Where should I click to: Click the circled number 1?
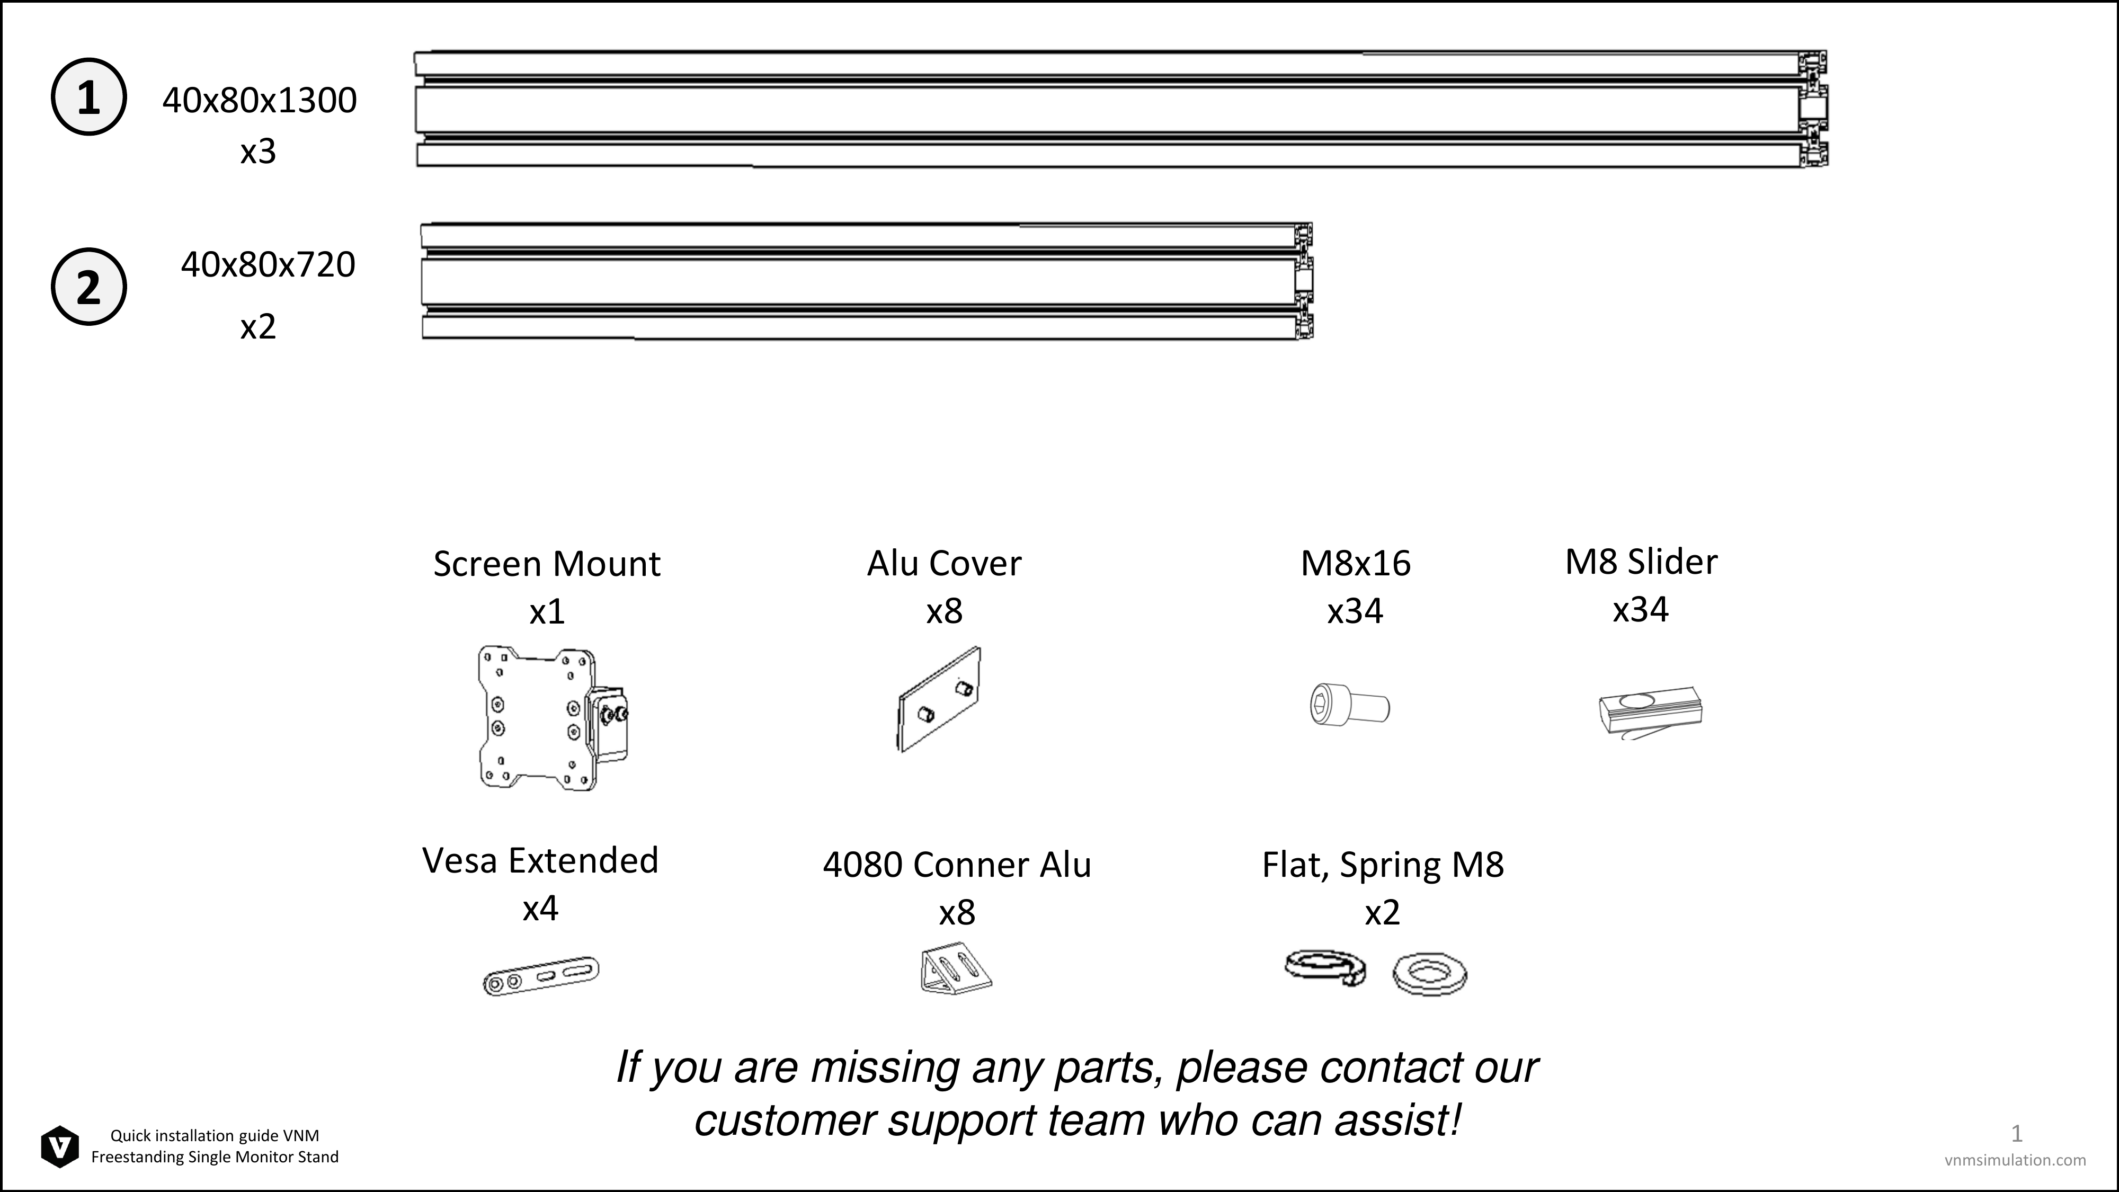[89, 97]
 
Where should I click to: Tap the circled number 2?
[89, 286]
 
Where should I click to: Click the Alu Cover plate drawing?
[939, 698]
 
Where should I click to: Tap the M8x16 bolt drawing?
[1350, 705]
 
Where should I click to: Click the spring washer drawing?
[1325, 967]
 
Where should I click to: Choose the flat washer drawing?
[1430, 975]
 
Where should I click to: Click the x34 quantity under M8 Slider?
[1640, 610]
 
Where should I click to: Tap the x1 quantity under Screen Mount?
[547, 612]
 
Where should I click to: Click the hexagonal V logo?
[60, 1146]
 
